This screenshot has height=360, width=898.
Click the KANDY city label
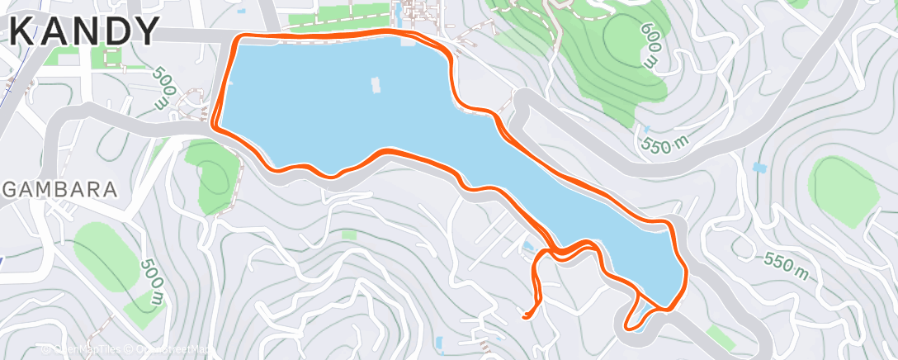pos(87,32)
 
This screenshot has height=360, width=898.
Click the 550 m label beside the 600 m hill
pos(665,144)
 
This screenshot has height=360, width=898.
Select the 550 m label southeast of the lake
pos(786,263)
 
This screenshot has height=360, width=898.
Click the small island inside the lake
pos(376,83)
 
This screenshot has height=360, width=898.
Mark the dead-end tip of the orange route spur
pos(525,315)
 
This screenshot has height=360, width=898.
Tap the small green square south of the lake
pos(349,235)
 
